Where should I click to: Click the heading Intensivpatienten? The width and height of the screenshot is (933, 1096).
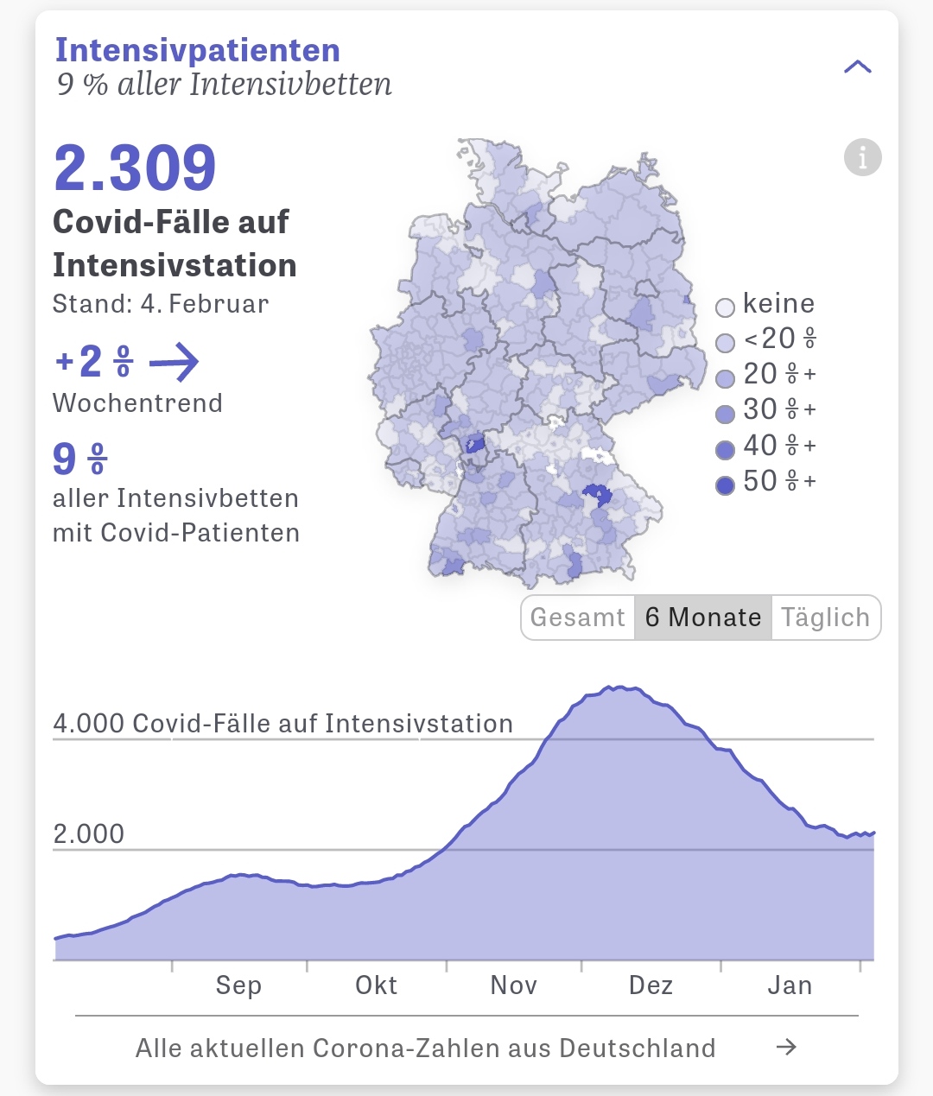click(198, 50)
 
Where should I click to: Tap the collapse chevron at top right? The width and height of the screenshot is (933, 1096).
click(857, 67)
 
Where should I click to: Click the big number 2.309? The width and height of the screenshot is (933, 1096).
click(135, 168)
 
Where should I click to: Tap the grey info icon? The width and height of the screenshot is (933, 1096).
click(862, 157)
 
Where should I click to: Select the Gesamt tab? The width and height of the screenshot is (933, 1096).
click(577, 618)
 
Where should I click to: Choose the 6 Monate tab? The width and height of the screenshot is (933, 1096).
click(703, 618)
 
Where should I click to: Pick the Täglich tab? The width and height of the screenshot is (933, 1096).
click(825, 618)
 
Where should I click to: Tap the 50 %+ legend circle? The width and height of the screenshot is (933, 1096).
click(726, 485)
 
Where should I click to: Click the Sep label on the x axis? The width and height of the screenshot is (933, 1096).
click(238, 985)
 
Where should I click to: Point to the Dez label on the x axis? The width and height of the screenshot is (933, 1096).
click(651, 985)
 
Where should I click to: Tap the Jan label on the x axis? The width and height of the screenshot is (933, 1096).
click(790, 985)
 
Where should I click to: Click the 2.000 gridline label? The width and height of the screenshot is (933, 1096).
click(89, 834)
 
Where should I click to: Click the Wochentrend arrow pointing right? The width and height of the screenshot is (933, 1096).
click(174, 362)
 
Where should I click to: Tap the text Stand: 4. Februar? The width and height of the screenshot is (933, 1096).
click(161, 304)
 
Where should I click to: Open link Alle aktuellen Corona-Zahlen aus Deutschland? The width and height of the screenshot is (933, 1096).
click(426, 1048)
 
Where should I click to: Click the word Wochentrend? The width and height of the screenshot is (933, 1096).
click(137, 403)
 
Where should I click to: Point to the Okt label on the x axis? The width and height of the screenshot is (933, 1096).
click(377, 985)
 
